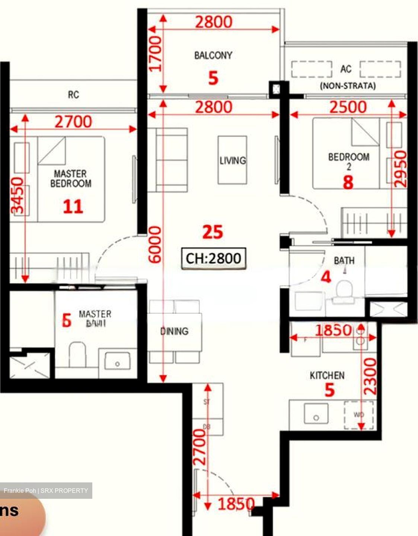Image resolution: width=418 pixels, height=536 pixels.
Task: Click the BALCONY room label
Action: tap(213, 55)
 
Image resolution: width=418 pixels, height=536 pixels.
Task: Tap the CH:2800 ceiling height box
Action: tap(214, 258)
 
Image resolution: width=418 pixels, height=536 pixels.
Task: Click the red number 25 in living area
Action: tap(213, 232)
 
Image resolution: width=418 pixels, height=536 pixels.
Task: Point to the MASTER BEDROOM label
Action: tap(71, 179)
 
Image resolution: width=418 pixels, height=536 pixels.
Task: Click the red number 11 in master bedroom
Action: tap(73, 207)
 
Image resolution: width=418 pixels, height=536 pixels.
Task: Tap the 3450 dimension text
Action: tap(17, 196)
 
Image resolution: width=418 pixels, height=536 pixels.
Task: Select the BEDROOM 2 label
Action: tap(349, 160)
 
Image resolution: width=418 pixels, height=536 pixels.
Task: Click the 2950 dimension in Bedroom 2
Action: tap(400, 169)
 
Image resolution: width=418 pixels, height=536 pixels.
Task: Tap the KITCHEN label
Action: tap(327, 376)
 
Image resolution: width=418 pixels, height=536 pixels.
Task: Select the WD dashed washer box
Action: tap(358, 415)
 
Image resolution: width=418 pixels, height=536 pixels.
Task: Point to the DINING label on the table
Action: tap(174, 331)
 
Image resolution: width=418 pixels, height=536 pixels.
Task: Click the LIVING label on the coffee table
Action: tap(233, 160)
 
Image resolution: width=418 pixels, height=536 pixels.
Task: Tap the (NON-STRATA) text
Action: tap(348, 86)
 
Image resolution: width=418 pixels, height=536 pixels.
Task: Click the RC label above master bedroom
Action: tap(73, 95)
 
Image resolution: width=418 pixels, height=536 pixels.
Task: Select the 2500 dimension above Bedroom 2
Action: tap(348, 107)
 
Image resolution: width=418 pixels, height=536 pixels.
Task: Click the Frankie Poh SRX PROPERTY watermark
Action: tap(46, 491)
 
